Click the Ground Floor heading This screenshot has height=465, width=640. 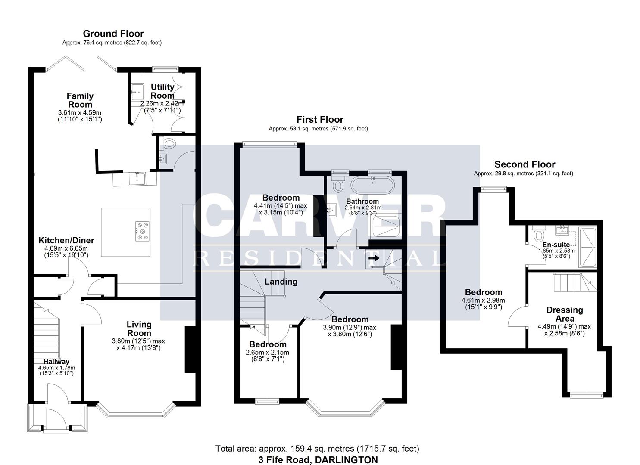point(113,34)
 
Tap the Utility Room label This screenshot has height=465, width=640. point(162,91)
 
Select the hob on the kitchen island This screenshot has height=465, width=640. point(142,231)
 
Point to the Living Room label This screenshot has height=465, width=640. point(139,329)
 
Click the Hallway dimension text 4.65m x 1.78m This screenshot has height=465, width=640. point(56,368)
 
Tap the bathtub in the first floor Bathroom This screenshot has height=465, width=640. point(371,186)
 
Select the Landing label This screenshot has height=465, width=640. point(281,282)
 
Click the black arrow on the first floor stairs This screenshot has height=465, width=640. point(373,259)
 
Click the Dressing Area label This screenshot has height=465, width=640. point(565,314)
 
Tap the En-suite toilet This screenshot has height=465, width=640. point(538,235)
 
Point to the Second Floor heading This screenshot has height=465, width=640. point(524,164)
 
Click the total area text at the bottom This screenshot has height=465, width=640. point(317,449)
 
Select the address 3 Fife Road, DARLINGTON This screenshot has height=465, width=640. point(318,459)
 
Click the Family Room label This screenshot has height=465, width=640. point(80,100)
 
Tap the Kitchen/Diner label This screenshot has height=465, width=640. point(66,240)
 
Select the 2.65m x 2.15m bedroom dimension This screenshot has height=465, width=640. point(267,353)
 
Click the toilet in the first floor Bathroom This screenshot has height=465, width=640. point(338,186)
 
